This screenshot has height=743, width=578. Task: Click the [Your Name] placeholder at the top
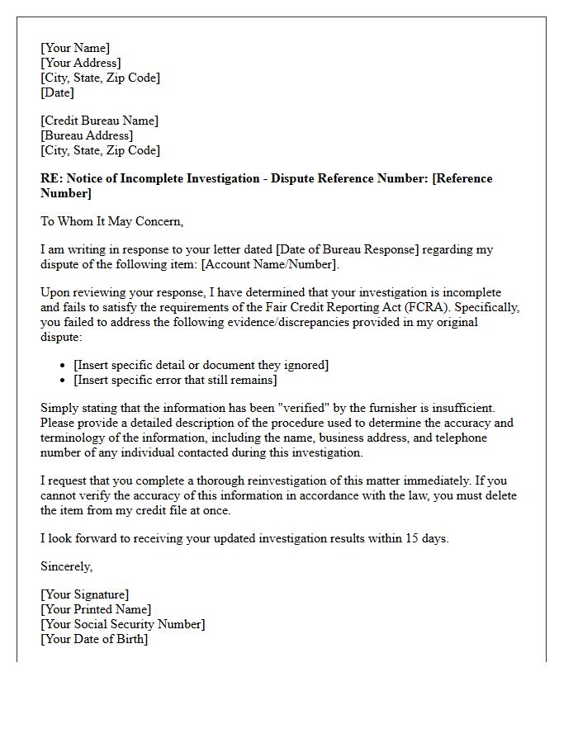click(75, 48)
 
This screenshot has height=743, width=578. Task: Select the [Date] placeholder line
click(58, 92)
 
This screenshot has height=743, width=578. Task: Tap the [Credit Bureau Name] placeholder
click(99, 121)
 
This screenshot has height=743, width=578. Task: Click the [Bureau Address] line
click(87, 135)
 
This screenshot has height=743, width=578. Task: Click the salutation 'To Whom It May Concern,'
click(111, 221)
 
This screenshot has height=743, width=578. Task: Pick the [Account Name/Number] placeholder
click(268, 264)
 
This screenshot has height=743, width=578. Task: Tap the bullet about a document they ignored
click(201, 365)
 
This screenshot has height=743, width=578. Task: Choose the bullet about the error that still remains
click(175, 380)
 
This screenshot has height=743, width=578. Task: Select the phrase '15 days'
click(426, 538)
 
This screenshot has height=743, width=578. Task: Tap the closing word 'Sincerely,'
click(67, 566)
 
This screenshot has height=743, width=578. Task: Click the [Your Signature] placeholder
click(85, 594)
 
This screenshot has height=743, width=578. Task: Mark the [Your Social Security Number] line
click(123, 624)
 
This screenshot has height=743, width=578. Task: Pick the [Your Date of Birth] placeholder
click(94, 639)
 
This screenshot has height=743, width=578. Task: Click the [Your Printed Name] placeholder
click(96, 609)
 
